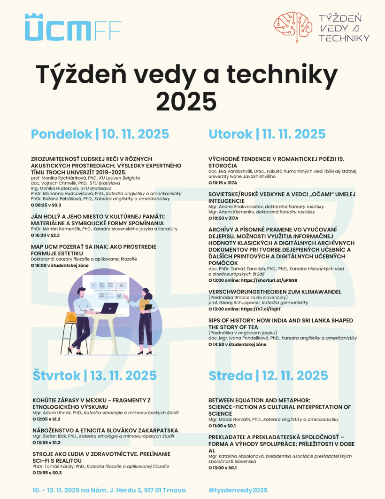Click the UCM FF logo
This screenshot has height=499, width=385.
click(x=73, y=27)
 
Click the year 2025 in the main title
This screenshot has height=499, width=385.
click(x=186, y=100)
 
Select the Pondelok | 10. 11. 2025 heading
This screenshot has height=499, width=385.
click(x=100, y=134)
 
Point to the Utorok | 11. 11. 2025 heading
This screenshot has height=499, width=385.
click(x=267, y=134)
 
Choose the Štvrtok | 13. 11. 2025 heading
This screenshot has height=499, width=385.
click(x=94, y=375)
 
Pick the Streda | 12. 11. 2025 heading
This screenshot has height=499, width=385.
click(x=268, y=375)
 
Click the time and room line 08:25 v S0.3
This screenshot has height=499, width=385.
click(x=46, y=205)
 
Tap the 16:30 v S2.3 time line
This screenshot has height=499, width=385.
click(x=46, y=235)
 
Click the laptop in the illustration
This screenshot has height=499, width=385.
click(x=110, y=308)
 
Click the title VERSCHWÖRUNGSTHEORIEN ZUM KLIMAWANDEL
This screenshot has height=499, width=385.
click(x=275, y=292)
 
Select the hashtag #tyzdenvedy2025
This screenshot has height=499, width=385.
click(x=238, y=490)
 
